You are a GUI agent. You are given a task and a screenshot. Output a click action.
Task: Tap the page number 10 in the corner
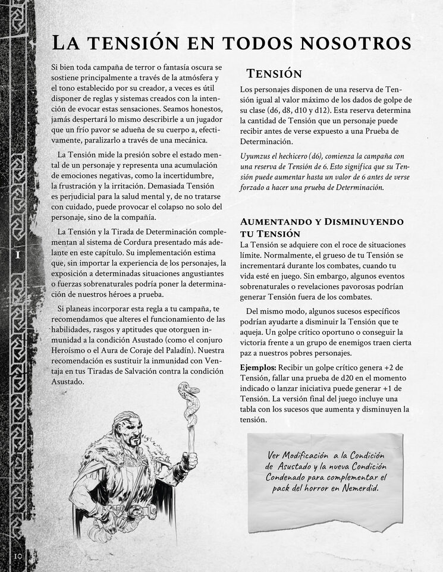(x=17, y=556)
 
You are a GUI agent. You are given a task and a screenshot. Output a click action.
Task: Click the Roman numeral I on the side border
(x=18, y=254)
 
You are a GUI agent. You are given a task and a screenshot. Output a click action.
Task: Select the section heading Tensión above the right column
(x=274, y=74)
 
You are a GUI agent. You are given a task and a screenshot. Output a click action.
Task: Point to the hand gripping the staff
(x=189, y=461)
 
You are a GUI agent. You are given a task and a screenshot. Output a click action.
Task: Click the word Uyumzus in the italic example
(x=257, y=156)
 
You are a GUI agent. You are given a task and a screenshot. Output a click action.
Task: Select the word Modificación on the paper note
(x=312, y=455)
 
